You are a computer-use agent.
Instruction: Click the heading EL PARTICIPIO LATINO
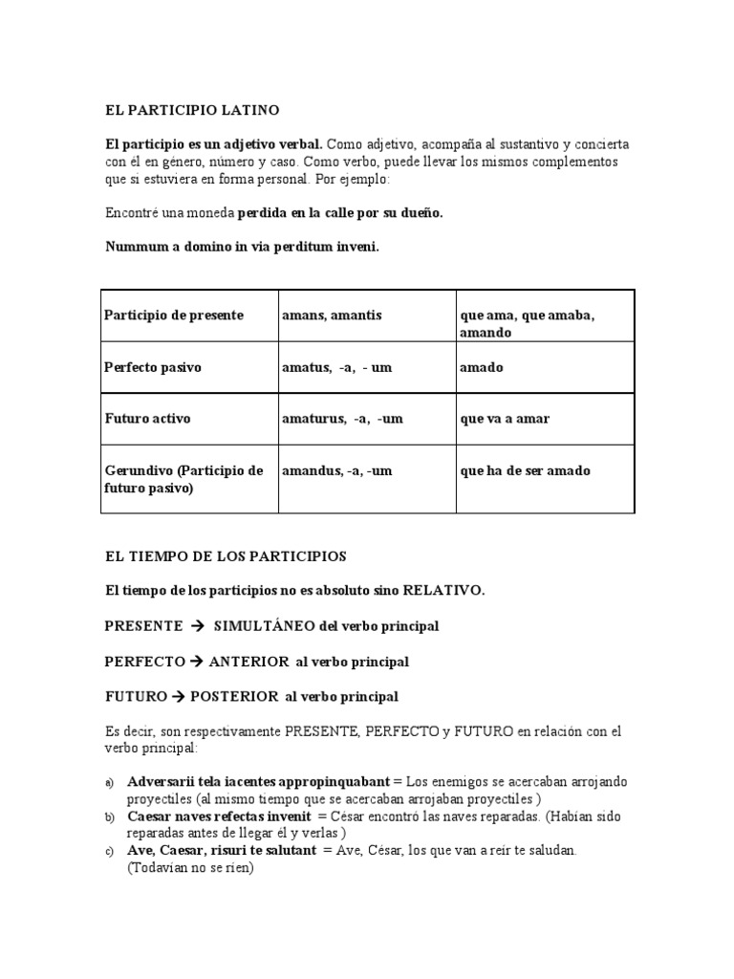pyautogui.click(x=192, y=111)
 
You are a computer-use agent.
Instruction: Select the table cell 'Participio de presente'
pyautogui.click(x=174, y=315)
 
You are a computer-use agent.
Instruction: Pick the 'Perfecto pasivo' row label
pyautogui.click(x=153, y=367)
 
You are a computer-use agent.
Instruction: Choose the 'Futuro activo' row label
pyautogui.click(x=148, y=419)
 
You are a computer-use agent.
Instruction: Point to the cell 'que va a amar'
pyautogui.click(x=505, y=419)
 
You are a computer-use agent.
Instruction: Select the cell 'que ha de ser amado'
pyautogui.click(x=525, y=470)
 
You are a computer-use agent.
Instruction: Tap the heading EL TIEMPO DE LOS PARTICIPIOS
pyautogui.click(x=226, y=555)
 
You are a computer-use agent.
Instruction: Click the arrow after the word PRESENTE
pyautogui.click(x=199, y=626)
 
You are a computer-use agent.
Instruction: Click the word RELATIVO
pyautogui.click(x=443, y=591)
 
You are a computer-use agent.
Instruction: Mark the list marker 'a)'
pyautogui.click(x=110, y=783)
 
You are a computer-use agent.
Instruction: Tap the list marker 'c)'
pyautogui.click(x=110, y=851)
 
